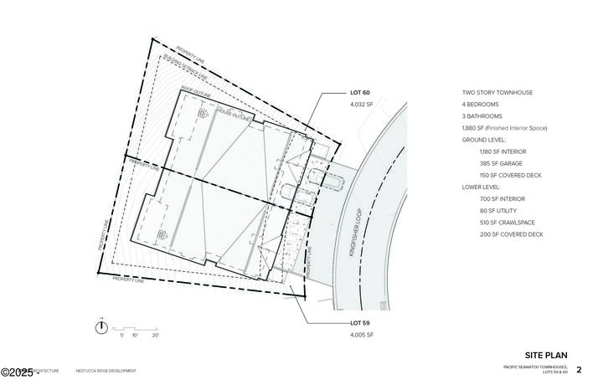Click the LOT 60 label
[359, 92]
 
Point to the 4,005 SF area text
[361, 335]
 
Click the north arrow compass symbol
[101, 327]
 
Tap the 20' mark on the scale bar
[156, 335]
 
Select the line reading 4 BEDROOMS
[482, 104]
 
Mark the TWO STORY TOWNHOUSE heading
[497, 92]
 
